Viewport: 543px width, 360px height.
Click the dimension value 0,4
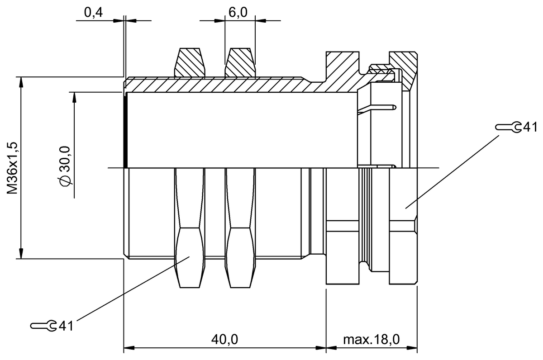93,13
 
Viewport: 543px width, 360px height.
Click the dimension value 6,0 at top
238,13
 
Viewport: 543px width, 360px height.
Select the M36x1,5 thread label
13,168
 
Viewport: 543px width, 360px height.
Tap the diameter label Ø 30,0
65,166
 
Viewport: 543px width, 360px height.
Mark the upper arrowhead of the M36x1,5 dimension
20,82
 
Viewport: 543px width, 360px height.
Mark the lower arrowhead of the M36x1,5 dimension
20,253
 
